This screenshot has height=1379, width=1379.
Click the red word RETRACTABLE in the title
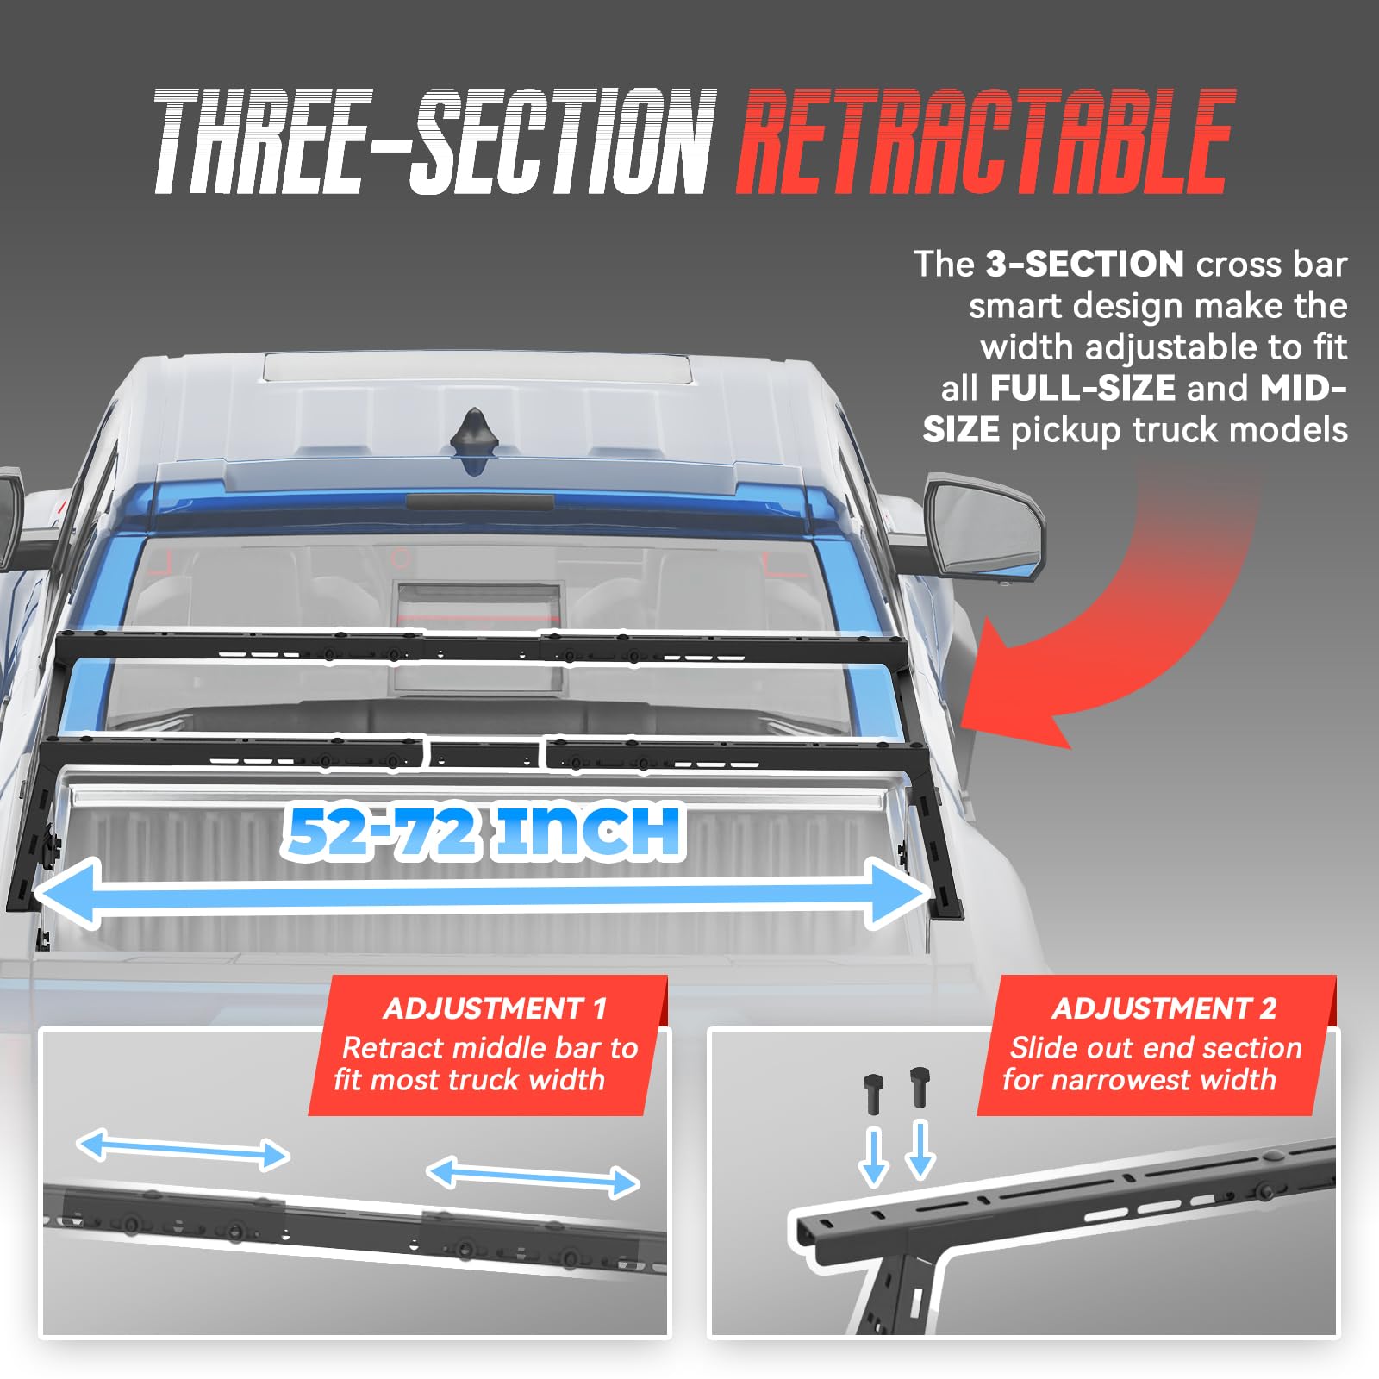click(986, 141)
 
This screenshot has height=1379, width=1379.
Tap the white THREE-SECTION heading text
click(435, 141)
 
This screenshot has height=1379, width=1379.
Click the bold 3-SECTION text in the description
click(1084, 264)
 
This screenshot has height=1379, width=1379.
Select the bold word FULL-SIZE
click(1083, 388)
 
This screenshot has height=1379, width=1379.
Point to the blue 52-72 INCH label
click(484, 832)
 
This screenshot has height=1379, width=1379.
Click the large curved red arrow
click(1120, 621)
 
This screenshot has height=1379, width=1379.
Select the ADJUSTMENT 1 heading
click(495, 1008)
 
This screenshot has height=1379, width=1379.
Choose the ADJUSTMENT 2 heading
click(1164, 1008)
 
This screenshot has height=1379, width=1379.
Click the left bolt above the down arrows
click(874, 1093)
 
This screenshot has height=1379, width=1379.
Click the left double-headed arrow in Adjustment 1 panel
click(183, 1151)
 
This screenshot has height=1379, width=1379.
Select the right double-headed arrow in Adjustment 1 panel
click(533, 1177)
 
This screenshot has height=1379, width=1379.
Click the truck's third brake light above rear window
click(480, 501)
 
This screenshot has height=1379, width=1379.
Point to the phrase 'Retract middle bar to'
click(490, 1047)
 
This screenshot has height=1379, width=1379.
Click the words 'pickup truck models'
click(1178, 429)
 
